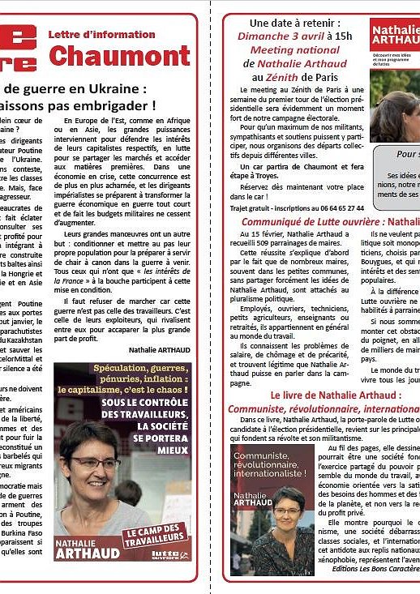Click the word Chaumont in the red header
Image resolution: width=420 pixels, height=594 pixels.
120,56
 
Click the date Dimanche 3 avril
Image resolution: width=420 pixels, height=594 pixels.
276,36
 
